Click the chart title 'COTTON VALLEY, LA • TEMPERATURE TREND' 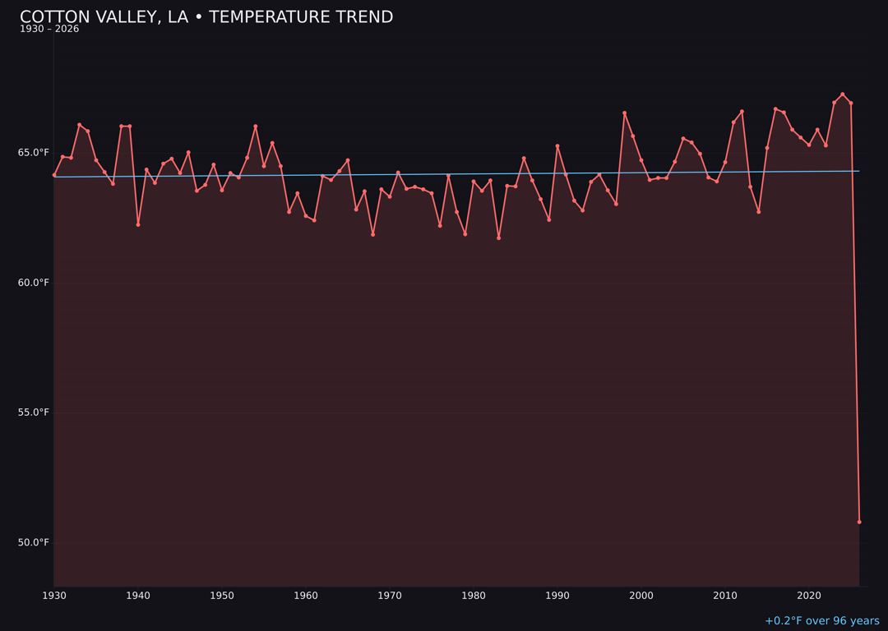(206, 17)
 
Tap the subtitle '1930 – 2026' (49, 30)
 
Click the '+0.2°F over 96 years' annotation (821, 621)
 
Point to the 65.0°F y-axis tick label (34, 153)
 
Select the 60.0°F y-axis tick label (34, 283)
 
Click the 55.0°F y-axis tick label (34, 412)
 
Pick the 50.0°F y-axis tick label (34, 542)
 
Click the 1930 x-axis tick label (54, 596)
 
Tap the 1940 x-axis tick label (138, 596)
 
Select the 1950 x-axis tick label (222, 596)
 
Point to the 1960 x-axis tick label (306, 596)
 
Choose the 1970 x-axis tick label (390, 596)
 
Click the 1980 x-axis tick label (474, 596)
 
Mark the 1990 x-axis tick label (557, 596)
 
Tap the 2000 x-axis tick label (641, 596)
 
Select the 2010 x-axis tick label (725, 596)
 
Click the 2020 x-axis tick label (809, 596)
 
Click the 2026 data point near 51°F (859, 522)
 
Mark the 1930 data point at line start (54, 175)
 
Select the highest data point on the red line (842, 94)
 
